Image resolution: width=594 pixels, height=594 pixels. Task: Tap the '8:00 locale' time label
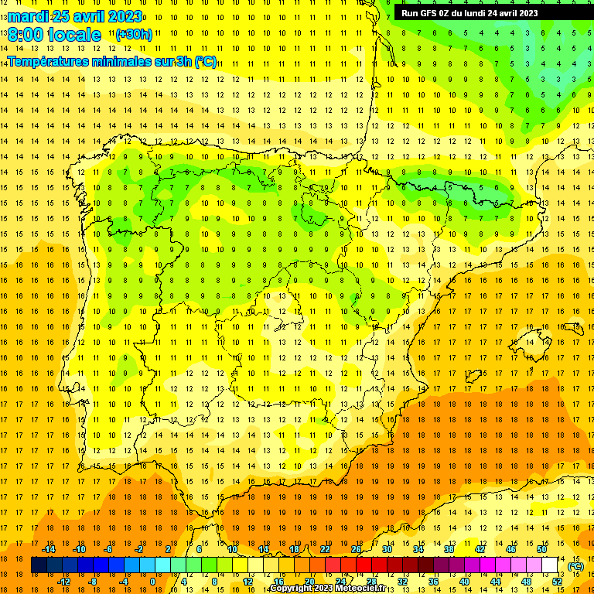(54, 35)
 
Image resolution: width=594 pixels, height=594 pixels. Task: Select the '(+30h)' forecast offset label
(134, 35)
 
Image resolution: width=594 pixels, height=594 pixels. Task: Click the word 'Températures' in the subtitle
(46, 61)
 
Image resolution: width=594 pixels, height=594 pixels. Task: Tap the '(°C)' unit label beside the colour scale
(575, 566)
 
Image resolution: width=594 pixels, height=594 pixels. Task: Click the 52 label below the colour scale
(557, 582)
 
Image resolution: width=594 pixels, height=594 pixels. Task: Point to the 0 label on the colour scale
(152, 582)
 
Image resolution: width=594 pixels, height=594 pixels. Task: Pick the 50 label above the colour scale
(541, 549)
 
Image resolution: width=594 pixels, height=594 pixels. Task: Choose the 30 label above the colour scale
(387, 549)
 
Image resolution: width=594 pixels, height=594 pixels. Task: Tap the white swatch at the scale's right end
(550, 565)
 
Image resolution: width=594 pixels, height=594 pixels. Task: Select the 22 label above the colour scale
(325, 549)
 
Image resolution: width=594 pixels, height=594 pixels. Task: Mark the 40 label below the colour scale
(464, 582)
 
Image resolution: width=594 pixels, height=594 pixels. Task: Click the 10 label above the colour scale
(232, 549)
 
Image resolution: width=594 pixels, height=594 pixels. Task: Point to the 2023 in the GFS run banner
(525, 12)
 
